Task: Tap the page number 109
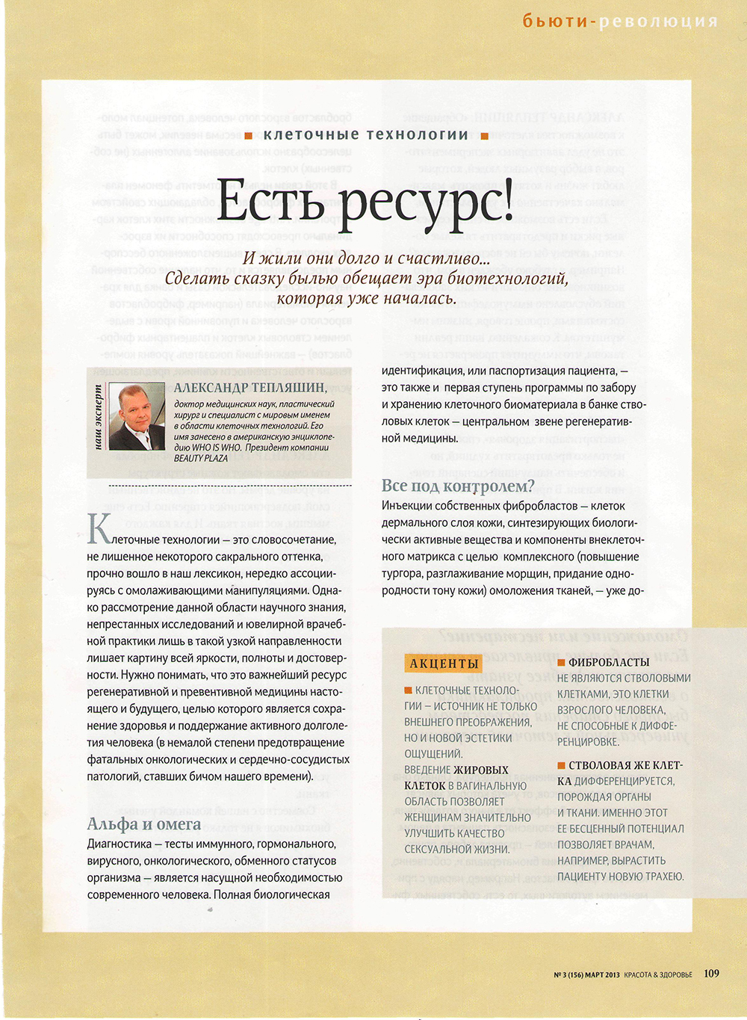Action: pyautogui.click(x=711, y=973)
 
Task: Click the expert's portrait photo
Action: pyautogui.click(x=137, y=416)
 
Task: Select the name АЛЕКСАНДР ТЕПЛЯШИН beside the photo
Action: pyautogui.click(x=250, y=387)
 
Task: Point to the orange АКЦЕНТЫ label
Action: pyautogui.click(x=444, y=664)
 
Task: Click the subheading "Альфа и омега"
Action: pyautogui.click(x=144, y=823)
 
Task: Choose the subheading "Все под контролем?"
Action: pyautogui.click(x=458, y=486)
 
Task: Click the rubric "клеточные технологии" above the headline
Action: pyautogui.click(x=365, y=135)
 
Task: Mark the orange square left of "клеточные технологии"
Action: pyautogui.click(x=248, y=136)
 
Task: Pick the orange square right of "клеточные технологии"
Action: pyautogui.click(x=484, y=136)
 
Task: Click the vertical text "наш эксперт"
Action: pyautogui.click(x=98, y=417)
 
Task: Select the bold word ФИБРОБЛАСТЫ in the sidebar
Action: pyautogui.click(x=609, y=662)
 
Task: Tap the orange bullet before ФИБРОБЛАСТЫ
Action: pyautogui.click(x=561, y=662)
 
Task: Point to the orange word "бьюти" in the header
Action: pyautogui.click(x=555, y=21)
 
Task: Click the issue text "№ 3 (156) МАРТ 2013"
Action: pyautogui.click(x=587, y=974)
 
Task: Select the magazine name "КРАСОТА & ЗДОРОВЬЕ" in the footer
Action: pyautogui.click(x=658, y=974)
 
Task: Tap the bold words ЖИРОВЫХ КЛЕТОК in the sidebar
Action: pyautogui.click(x=456, y=777)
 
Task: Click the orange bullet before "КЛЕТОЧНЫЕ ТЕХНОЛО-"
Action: pyautogui.click(x=408, y=690)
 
